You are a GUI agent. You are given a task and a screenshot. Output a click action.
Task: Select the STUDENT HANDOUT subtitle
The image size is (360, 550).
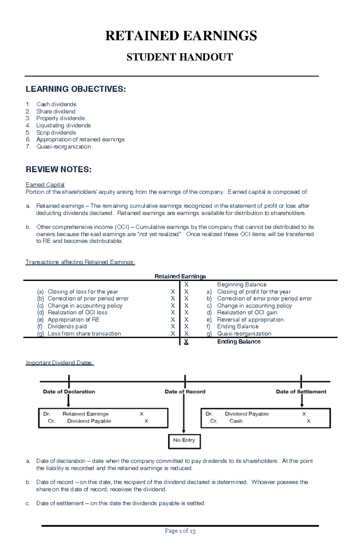click(180, 57)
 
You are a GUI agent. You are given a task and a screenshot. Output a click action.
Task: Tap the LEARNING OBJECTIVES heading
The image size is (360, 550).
click(76, 89)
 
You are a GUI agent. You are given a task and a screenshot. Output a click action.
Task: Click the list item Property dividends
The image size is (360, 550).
click(60, 118)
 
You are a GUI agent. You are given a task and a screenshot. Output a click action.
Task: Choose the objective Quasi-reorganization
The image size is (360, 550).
click(63, 147)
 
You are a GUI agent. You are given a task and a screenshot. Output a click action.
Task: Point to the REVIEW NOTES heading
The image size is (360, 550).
click(58, 169)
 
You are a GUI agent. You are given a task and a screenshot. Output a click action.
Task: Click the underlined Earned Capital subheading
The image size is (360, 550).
click(45, 185)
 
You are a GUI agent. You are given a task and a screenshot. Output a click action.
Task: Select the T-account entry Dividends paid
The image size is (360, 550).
click(67, 326)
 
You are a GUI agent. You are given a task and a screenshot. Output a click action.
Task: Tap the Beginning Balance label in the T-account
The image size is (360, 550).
click(241, 284)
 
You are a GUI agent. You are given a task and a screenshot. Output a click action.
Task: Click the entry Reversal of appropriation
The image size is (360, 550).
click(250, 320)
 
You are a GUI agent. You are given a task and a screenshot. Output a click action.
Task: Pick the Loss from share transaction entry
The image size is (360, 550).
click(84, 334)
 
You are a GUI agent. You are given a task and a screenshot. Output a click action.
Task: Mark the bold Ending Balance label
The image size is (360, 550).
click(239, 342)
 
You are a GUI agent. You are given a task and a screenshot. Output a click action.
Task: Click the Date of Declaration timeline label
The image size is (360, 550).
click(69, 391)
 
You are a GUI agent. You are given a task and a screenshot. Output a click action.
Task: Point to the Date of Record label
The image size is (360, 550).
click(185, 391)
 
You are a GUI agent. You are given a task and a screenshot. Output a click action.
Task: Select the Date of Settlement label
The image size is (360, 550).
click(301, 391)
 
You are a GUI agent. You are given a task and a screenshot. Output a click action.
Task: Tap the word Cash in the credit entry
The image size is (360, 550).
click(236, 421)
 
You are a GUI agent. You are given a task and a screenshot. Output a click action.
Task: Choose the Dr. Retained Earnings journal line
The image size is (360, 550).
click(85, 414)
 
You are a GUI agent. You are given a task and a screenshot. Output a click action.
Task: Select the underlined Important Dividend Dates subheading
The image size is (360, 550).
click(60, 363)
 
